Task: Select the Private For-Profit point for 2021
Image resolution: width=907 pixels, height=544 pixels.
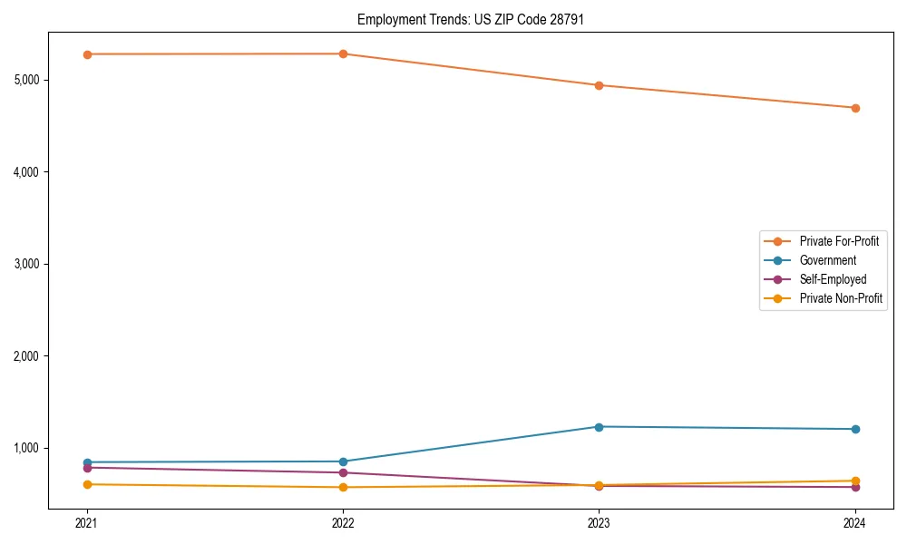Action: tap(87, 54)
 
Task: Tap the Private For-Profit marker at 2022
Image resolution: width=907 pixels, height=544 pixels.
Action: tap(343, 53)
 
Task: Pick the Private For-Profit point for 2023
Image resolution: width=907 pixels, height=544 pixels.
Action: tap(599, 85)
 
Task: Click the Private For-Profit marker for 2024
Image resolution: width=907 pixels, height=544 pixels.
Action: tap(855, 108)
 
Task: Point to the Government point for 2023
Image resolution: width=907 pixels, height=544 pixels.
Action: tap(599, 427)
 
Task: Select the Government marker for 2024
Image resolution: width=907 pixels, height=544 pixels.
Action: tap(855, 429)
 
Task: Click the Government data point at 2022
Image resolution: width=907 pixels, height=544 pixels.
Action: tap(343, 461)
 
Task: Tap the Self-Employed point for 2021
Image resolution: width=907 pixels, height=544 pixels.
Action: tap(87, 468)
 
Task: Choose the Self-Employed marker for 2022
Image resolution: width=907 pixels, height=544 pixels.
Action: tap(343, 472)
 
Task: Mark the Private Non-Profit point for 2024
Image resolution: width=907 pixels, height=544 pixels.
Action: tap(855, 481)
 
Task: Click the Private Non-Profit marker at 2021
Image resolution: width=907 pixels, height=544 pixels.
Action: tap(87, 484)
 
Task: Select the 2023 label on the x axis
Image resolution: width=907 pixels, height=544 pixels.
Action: tap(599, 523)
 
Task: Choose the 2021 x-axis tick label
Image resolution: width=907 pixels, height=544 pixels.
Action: tap(87, 523)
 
